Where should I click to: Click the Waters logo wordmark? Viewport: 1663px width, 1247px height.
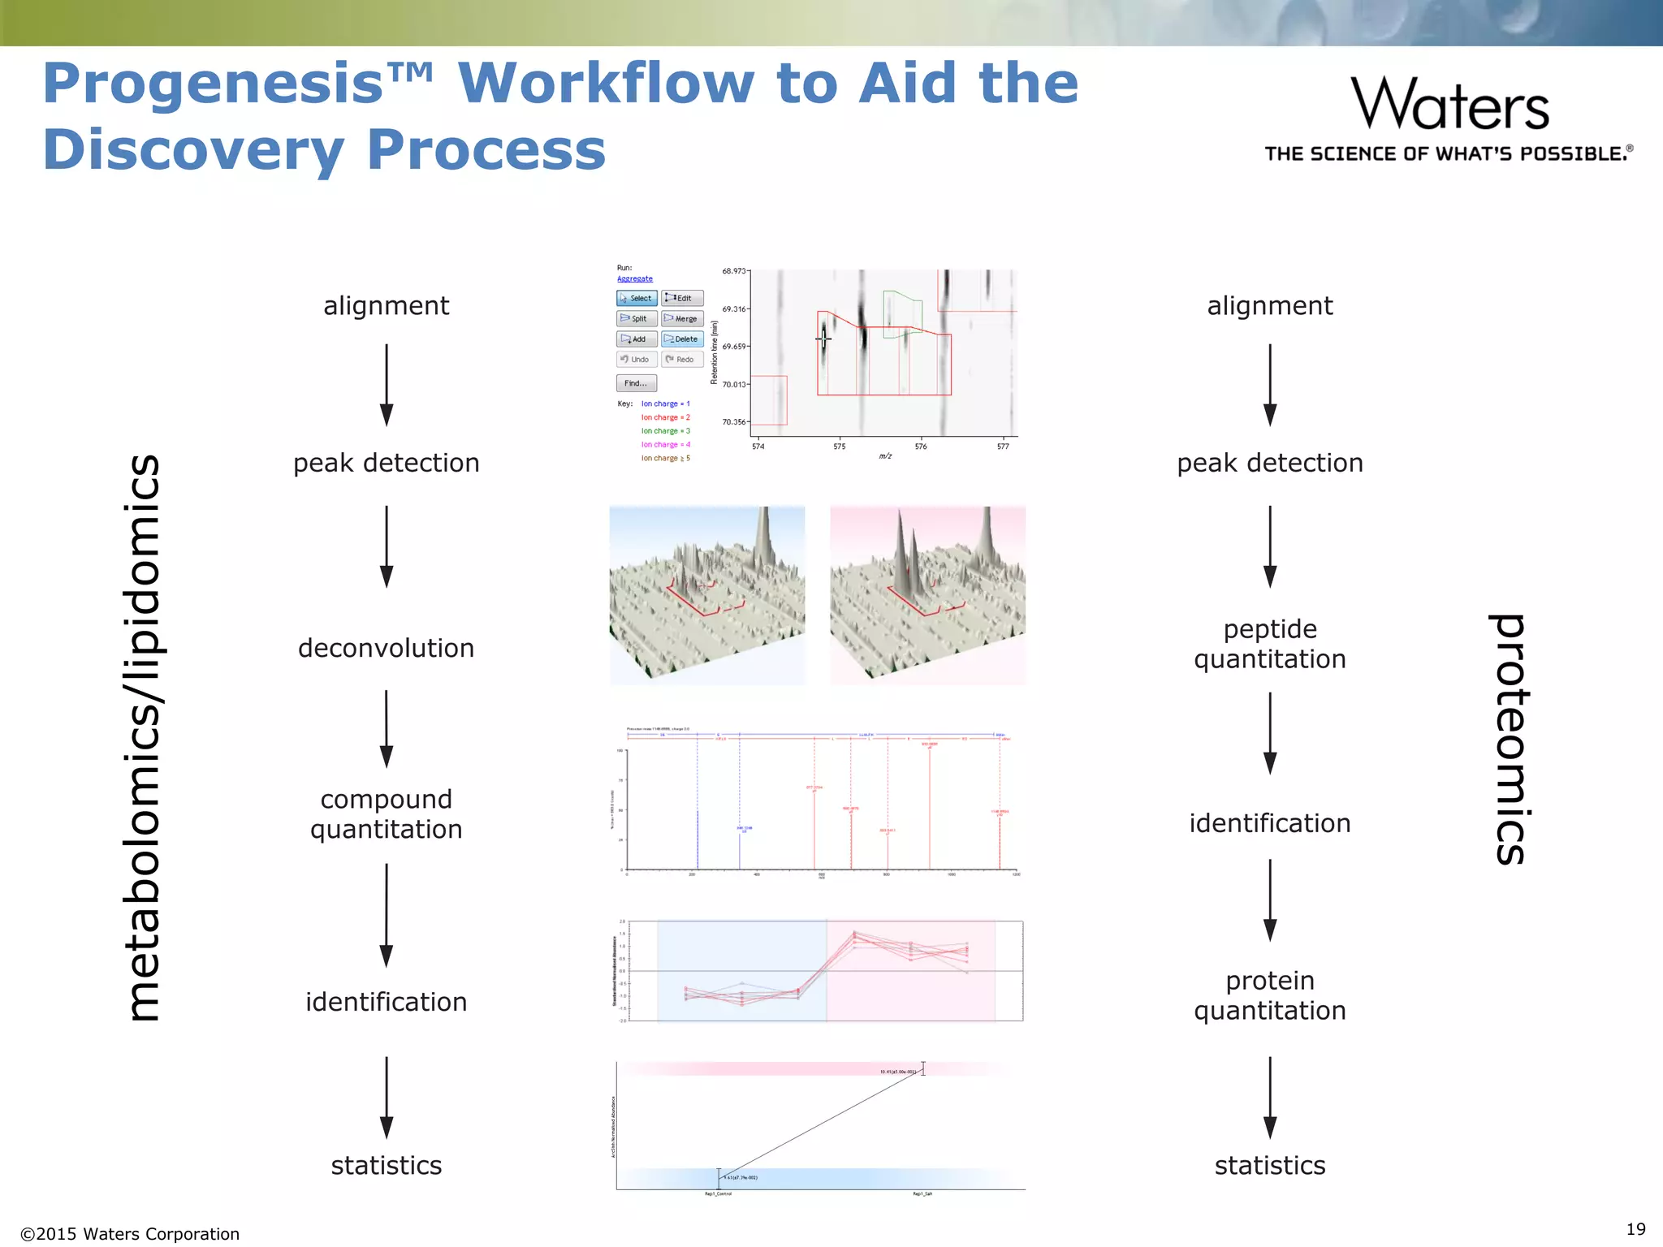click(x=1449, y=104)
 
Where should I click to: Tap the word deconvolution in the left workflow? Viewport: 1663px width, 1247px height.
click(x=386, y=648)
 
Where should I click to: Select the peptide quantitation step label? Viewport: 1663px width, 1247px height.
click(x=1269, y=644)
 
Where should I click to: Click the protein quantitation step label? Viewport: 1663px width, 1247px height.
click(x=1269, y=995)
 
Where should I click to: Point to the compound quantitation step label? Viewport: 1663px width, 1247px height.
click(x=386, y=814)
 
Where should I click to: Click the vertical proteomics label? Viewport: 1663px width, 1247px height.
click(x=1511, y=739)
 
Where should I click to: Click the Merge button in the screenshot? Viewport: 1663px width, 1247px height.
click(x=682, y=318)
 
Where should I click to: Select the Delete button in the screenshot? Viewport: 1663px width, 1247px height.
click(x=682, y=339)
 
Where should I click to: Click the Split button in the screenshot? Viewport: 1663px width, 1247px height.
click(x=636, y=318)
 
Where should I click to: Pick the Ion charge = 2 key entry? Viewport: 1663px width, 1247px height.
click(x=665, y=417)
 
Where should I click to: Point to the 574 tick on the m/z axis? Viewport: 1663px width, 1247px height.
click(x=758, y=447)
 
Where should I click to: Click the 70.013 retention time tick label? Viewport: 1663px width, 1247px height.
click(x=733, y=384)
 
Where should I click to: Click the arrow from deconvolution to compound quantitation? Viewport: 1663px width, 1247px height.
click(x=387, y=728)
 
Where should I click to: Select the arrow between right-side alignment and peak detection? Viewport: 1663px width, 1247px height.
click(x=1270, y=384)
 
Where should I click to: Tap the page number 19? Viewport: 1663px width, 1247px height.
click(x=1635, y=1229)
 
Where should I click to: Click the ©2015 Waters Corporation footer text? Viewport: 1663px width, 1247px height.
click(x=130, y=1234)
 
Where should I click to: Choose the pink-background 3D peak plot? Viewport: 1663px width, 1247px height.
click(x=927, y=595)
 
